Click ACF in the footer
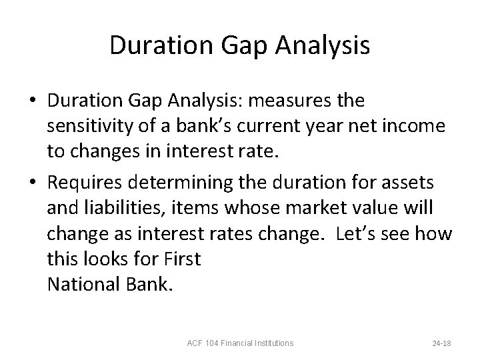coord(195,343)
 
